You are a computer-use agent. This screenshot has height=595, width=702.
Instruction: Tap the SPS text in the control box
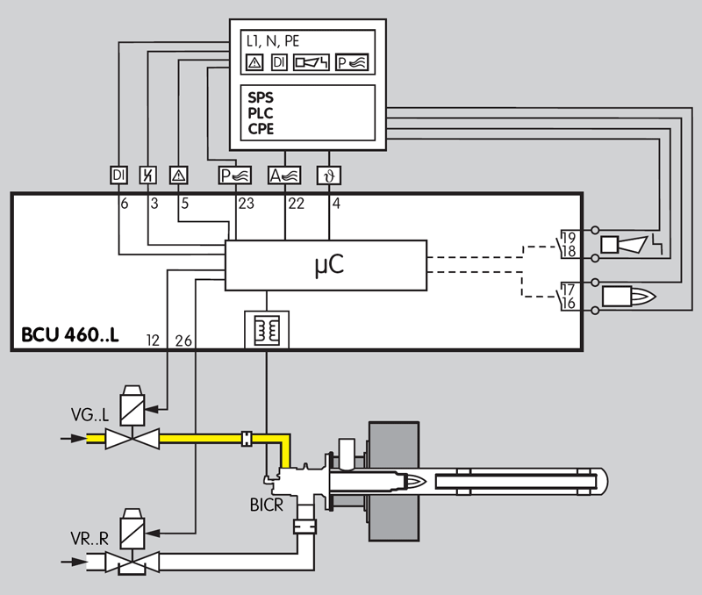tap(261, 97)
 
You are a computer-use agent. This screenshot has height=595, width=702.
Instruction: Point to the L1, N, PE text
tap(273, 41)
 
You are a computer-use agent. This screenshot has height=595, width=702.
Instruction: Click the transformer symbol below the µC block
tap(265, 327)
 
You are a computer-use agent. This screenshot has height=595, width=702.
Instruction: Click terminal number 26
tap(183, 340)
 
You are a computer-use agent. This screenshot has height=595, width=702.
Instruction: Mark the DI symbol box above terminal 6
tap(118, 175)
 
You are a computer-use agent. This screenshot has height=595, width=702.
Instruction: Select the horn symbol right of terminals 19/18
tap(631, 244)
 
